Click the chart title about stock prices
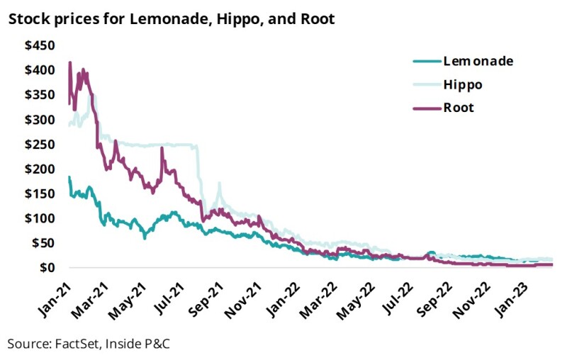(x=171, y=19)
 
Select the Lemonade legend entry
(x=477, y=61)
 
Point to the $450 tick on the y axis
(x=40, y=46)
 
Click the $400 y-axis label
(x=40, y=71)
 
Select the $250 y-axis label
(x=40, y=145)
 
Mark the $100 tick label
(x=40, y=218)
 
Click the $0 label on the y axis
(x=47, y=268)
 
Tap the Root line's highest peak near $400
(x=69, y=63)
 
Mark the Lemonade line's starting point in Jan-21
(x=69, y=178)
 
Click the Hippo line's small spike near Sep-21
(x=220, y=184)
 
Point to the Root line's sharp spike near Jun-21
(x=162, y=147)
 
